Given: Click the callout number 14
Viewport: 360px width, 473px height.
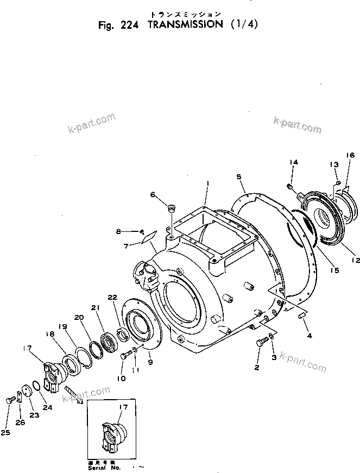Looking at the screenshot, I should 293,162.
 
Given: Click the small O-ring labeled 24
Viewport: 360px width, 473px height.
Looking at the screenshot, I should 36,386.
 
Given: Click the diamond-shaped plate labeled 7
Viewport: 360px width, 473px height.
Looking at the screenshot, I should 147,237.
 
